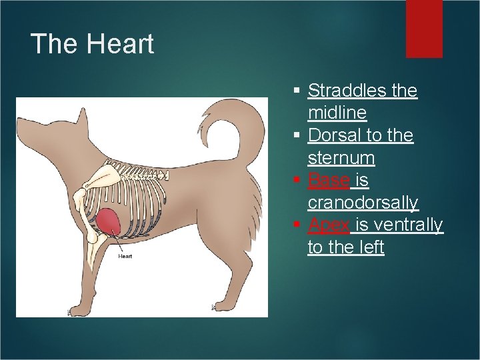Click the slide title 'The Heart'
92,44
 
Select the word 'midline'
337,113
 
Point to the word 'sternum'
341,158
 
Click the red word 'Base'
328,181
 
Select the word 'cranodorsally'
363,203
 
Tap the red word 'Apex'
328,225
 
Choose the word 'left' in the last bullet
373,247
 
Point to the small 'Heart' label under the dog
125,256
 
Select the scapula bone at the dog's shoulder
98,177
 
